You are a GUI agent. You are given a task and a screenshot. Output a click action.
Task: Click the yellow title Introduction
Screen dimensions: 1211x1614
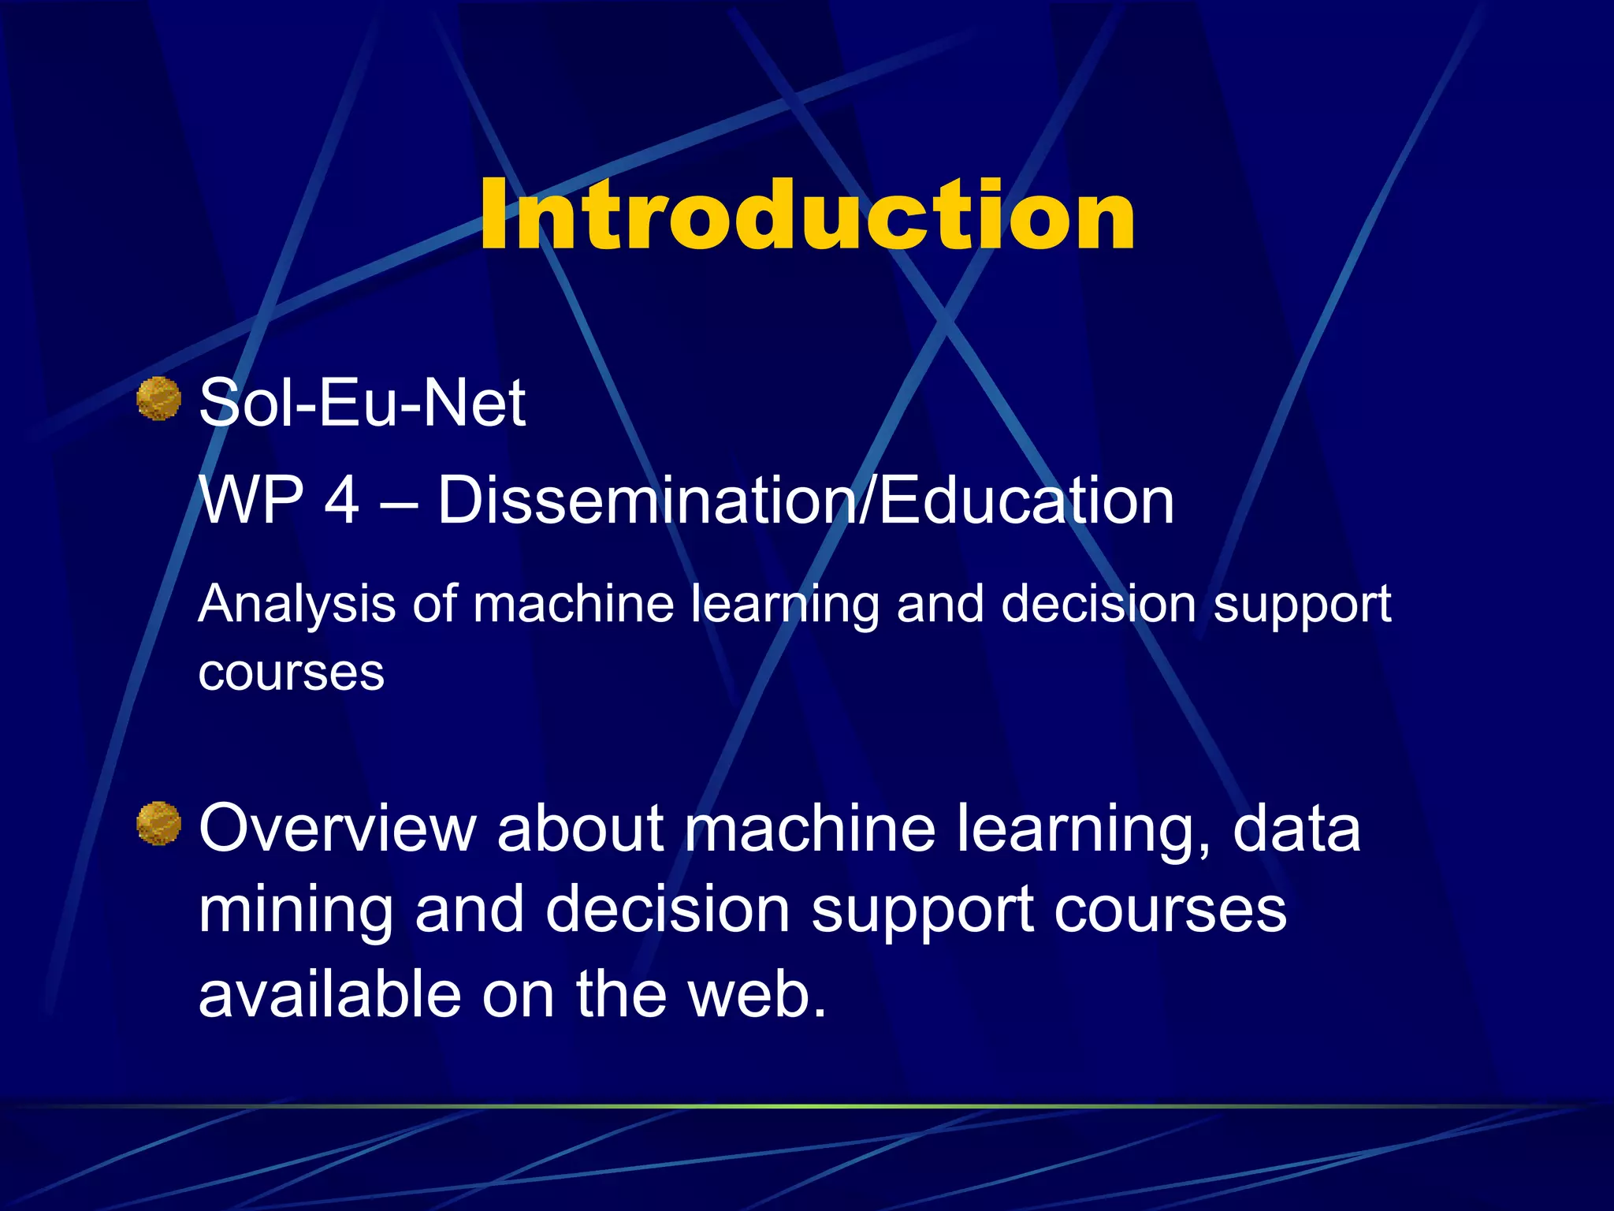pyautogui.click(x=807, y=215)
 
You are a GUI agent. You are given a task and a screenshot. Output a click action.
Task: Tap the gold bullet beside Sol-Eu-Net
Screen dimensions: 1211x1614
pyautogui.click(x=158, y=398)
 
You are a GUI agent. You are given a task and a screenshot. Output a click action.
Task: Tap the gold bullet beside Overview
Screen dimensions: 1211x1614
pyautogui.click(x=158, y=823)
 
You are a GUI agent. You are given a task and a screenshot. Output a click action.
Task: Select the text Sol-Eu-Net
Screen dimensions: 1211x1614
pyautogui.click(x=362, y=403)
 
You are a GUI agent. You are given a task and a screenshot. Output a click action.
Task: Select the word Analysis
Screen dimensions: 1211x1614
pyautogui.click(x=296, y=605)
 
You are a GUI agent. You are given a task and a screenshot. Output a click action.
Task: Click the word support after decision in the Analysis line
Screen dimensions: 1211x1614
pyautogui.click(x=1302, y=605)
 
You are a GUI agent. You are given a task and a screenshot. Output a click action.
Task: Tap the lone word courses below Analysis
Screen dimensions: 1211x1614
pyautogui.click(x=291, y=673)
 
